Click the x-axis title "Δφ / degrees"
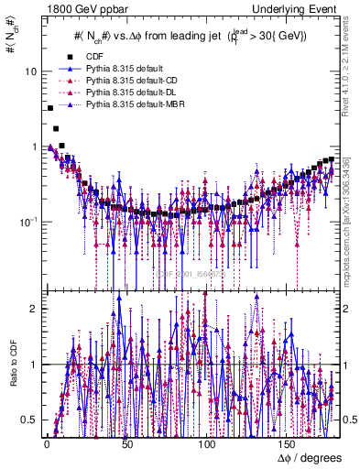[309, 457]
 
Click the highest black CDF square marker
[49, 108]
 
